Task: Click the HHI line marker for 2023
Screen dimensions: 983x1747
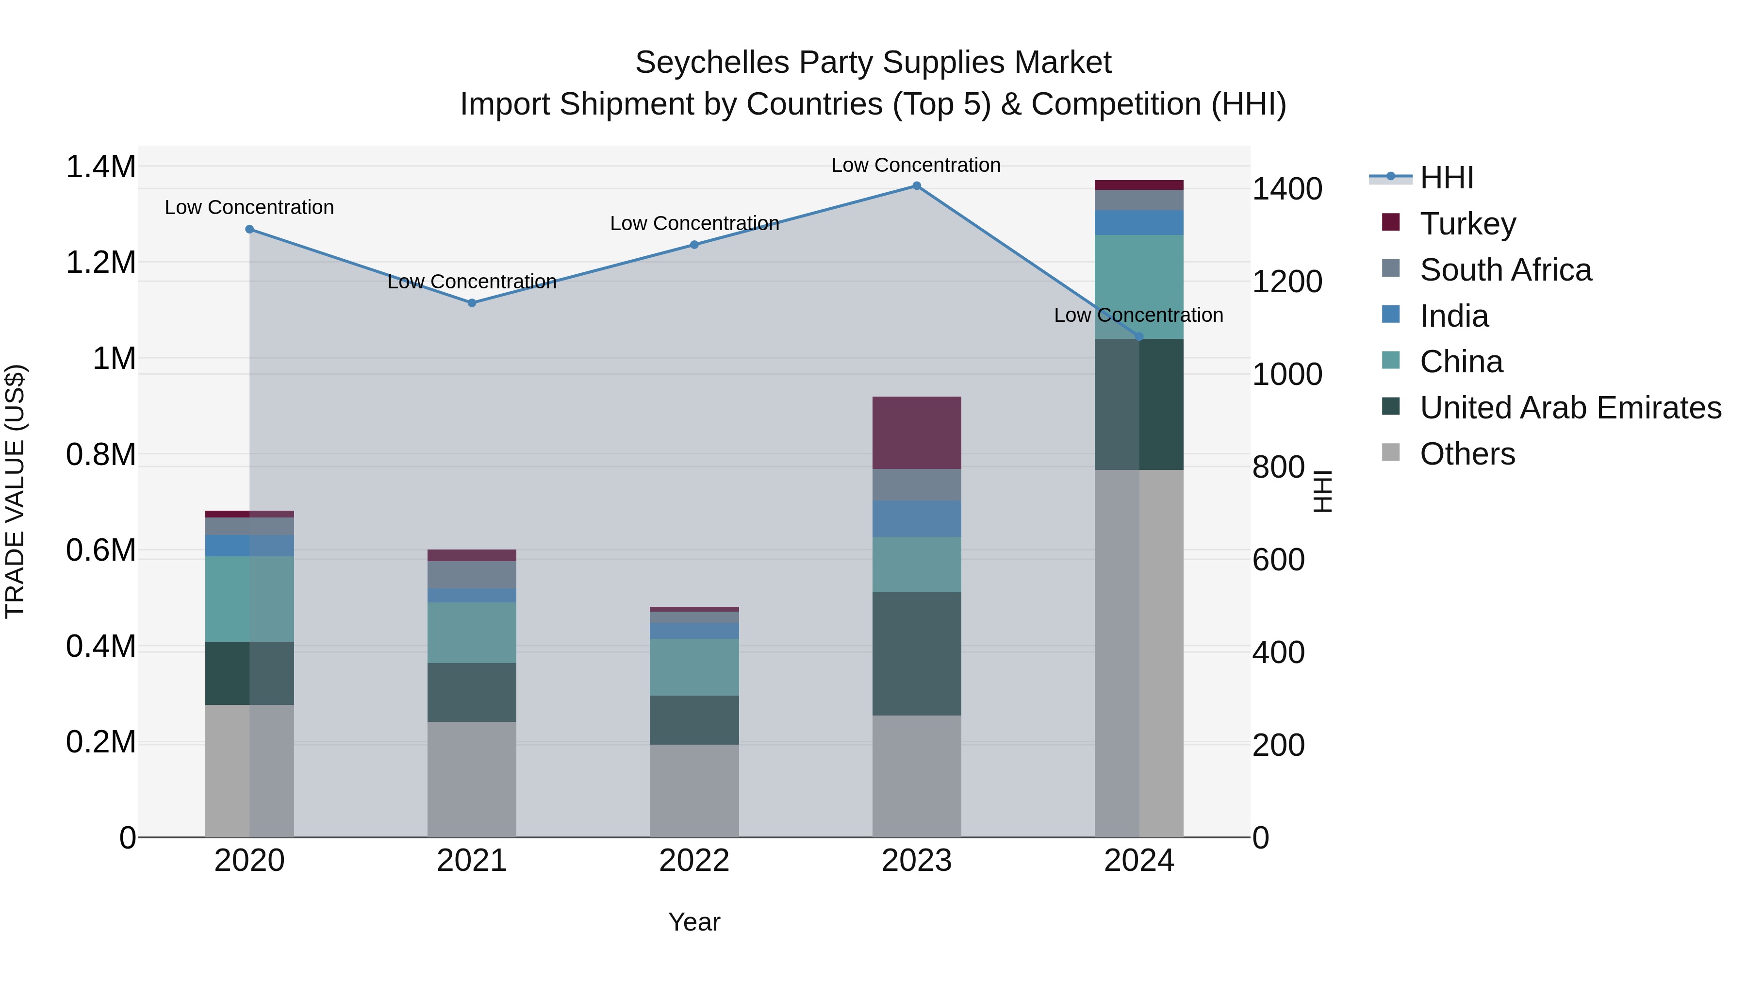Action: point(916,186)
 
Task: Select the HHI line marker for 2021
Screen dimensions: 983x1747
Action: point(472,303)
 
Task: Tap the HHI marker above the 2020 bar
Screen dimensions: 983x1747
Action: point(249,229)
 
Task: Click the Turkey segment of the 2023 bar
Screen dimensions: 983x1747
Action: point(916,433)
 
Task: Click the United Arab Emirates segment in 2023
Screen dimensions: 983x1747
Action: point(916,653)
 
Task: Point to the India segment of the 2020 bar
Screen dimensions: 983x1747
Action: point(249,546)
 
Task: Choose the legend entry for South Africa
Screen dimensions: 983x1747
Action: point(1505,270)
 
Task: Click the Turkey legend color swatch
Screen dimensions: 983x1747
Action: point(1390,222)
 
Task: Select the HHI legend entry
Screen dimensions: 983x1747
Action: point(1446,178)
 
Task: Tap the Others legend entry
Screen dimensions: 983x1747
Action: point(1467,454)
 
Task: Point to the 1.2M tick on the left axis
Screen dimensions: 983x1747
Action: point(100,263)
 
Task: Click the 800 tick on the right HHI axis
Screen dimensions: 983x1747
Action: point(1278,467)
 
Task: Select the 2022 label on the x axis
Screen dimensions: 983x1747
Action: point(694,861)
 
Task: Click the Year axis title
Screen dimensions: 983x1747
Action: point(694,922)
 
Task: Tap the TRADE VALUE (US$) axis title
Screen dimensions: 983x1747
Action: point(16,491)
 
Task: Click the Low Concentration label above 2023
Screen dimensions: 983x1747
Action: point(916,165)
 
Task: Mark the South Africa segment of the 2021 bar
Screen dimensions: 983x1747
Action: point(472,575)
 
